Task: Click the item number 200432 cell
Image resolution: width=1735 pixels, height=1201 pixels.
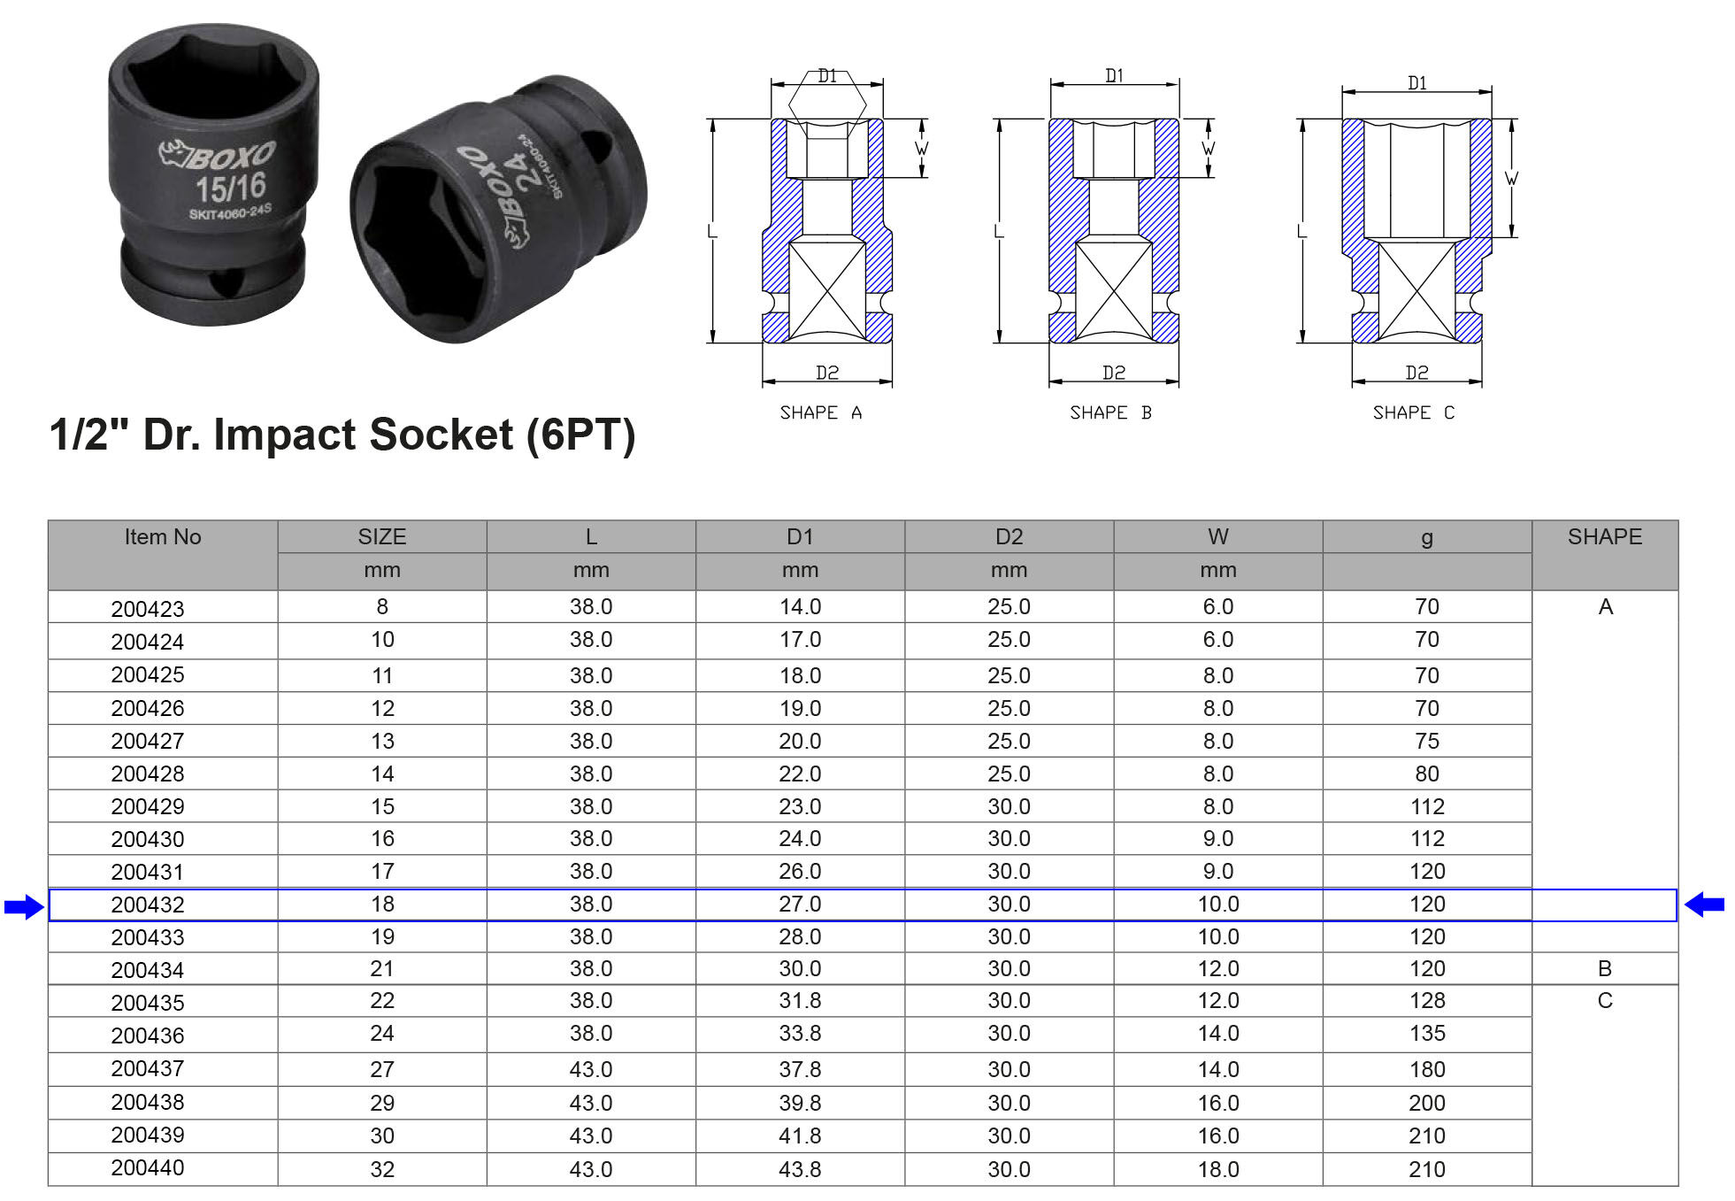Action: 148,905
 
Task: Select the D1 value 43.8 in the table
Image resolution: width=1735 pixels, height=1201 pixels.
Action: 800,1169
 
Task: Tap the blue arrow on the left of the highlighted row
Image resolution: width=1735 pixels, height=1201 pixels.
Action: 24,906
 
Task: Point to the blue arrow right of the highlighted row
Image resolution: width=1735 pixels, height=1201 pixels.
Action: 1704,905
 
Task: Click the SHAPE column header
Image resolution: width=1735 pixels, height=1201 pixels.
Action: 1605,536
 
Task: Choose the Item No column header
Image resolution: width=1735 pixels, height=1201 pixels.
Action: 163,536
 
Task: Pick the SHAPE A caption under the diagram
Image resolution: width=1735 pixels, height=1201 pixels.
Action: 820,412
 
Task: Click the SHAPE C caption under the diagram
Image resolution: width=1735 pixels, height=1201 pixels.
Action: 1413,412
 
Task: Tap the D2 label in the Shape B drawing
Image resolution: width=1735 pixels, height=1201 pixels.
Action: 1114,373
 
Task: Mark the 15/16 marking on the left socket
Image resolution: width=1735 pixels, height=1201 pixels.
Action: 231,188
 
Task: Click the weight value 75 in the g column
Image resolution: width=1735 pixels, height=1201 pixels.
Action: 1427,741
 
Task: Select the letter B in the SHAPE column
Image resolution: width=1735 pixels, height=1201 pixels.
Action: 1605,968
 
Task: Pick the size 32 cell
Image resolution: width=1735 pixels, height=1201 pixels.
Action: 382,1169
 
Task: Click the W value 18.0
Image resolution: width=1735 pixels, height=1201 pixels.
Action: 1218,1169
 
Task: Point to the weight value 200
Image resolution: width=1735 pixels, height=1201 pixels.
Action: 1427,1103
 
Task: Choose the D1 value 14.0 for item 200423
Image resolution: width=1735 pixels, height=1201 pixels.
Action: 800,606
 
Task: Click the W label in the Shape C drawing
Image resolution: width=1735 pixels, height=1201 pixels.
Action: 1511,179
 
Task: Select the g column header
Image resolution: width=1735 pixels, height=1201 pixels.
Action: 1427,538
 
